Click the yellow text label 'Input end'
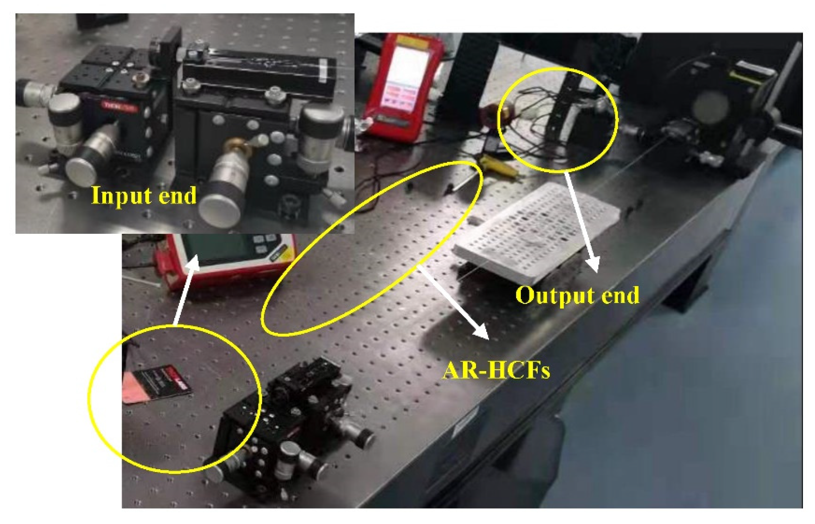pyautogui.click(x=144, y=195)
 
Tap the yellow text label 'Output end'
pyautogui.click(x=577, y=295)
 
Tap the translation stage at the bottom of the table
pyautogui.click(x=291, y=421)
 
